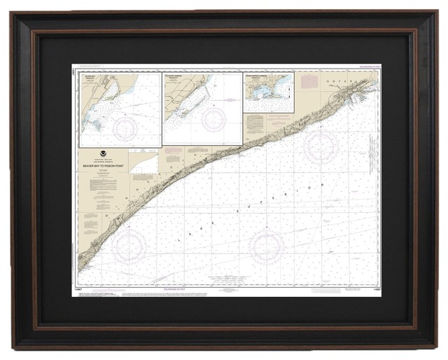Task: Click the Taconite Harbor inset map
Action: [x=202, y=109]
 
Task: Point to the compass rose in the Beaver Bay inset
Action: [x=127, y=127]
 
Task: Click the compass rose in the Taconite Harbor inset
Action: [x=214, y=119]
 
